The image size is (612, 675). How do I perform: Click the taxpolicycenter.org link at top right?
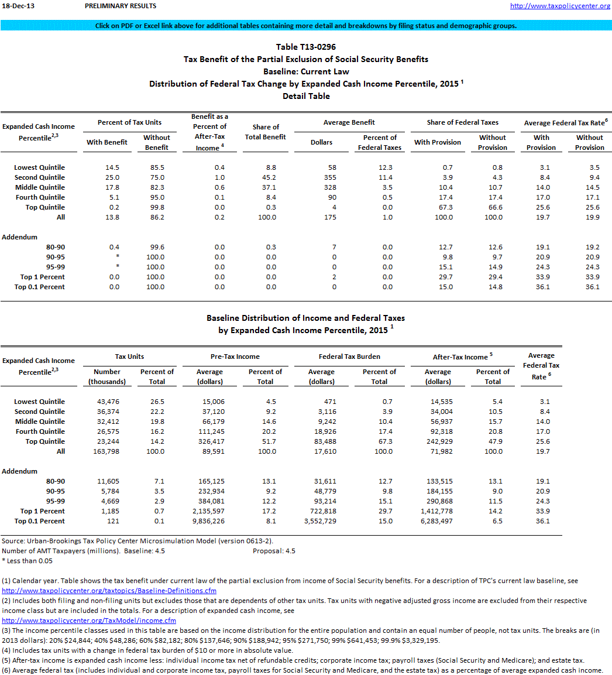(x=560, y=6)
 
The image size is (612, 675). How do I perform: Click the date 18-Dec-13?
(x=15, y=6)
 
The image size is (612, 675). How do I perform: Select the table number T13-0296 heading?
(x=306, y=47)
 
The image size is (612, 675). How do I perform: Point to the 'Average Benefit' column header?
(x=349, y=122)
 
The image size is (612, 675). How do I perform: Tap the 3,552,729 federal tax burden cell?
(x=321, y=521)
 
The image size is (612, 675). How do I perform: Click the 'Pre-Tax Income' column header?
(x=235, y=357)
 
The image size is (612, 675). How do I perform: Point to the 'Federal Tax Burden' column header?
(x=349, y=357)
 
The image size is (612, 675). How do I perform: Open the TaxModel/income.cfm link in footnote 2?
(x=89, y=621)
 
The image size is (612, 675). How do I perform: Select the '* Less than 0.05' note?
(x=27, y=561)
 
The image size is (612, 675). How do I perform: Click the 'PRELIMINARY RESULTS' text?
(x=121, y=6)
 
